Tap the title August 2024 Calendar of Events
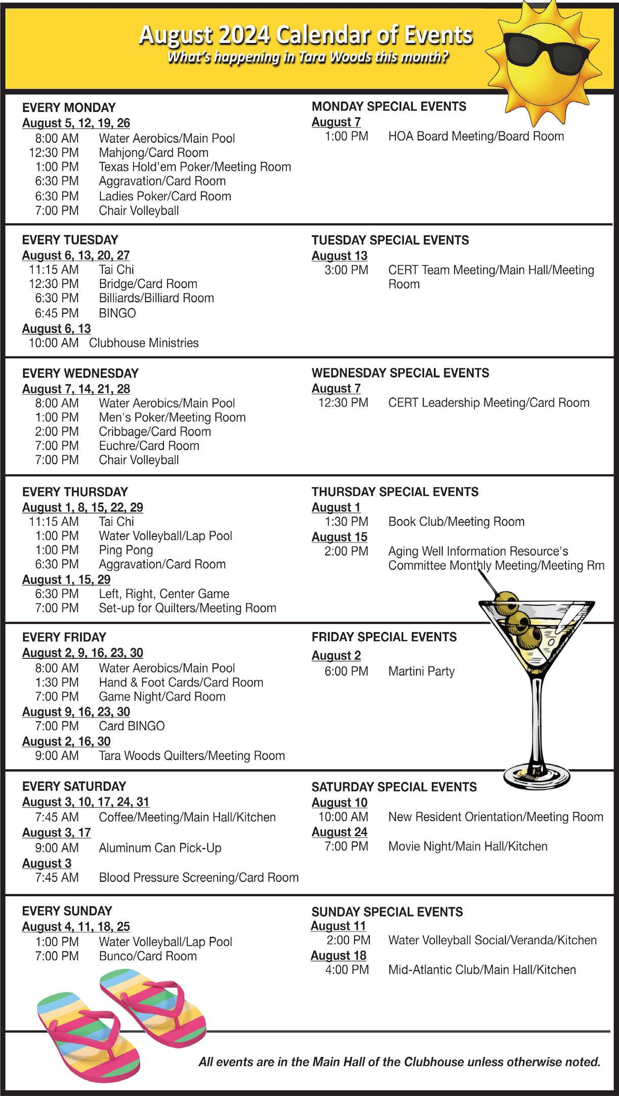(x=306, y=35)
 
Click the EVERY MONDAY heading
(x=69, y=107)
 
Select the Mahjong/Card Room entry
(x=153, y=152)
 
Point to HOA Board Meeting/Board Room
(x=476, y=136)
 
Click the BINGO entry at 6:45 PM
(x=117, y=313)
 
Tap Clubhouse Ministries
(x=144, y=343)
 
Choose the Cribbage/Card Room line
(x=155, y=432)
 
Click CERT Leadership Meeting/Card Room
(x=488, y=403)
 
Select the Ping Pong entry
(x=126, y=550)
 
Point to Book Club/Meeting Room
(x=456, y=522)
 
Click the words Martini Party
(x=421, y=671)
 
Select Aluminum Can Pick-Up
(x=160, y=848)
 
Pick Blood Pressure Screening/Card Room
(x=198, y=877)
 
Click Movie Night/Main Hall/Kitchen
(x=468, y=847)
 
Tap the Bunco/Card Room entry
(x=148, y=956)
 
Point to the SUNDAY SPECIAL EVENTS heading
(x=387, y=912)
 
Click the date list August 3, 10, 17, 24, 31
(x=86, y=802)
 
